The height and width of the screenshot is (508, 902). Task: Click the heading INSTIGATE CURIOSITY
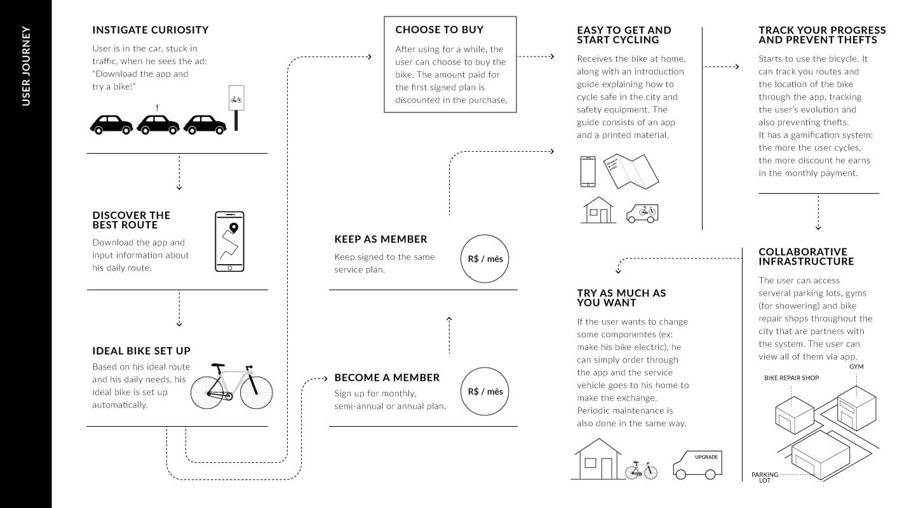click(150, 30)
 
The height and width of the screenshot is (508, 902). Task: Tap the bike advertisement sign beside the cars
click(236, 100)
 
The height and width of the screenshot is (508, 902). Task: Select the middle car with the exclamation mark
click(158, 124)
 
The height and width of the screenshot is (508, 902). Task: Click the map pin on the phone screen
click(233, 227)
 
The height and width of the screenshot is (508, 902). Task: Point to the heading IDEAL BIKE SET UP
click(141, 351)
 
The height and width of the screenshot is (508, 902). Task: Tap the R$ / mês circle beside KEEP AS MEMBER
click(485, 259)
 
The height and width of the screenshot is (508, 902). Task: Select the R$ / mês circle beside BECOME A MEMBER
click(485, 391)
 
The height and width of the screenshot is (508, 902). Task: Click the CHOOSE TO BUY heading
click(439, 30)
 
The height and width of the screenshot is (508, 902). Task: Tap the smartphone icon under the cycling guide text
click(588, 171)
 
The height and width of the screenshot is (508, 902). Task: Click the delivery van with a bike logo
click(642, 213)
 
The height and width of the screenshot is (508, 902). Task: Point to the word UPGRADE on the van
click(706, 457)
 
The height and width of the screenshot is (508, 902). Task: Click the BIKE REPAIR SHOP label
click(791, 378)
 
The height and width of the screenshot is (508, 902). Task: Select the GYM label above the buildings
click(856, 367)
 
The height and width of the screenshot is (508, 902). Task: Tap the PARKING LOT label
click(765, 478)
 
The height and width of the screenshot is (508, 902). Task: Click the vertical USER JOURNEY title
click(26, 65)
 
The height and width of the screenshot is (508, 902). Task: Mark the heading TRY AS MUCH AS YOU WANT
click(621, 298)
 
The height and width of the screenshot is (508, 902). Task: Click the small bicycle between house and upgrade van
click(641, 471)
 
